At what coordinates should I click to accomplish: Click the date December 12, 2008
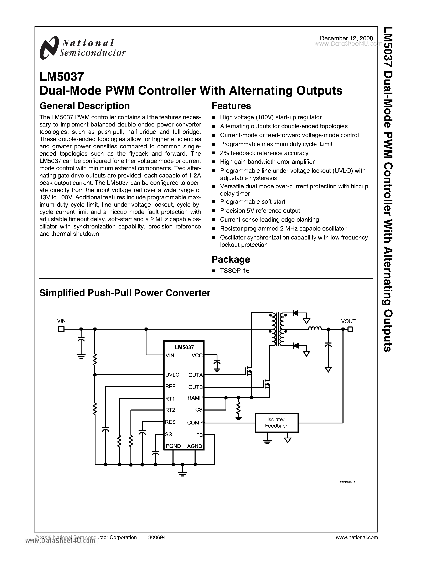point(346,38)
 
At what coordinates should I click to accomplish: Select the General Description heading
point(84,106)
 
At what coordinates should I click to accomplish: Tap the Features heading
point(231,106)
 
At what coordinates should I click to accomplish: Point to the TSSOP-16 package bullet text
point(234,271)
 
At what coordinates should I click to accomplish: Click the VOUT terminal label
point(348,321)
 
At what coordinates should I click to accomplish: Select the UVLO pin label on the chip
point(172,375)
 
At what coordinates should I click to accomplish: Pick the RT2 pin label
point(170,410)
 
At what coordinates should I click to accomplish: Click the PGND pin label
point(173,446)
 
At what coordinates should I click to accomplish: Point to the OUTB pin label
point(195,387)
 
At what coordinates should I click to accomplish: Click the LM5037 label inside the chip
point(184,347)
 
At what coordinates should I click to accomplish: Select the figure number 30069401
point(347,482)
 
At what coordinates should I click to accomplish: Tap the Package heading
point(231,259)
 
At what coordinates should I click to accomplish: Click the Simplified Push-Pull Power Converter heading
point(125,293)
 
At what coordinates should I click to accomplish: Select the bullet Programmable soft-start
point(252,202)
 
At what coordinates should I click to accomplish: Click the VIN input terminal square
point(61,329)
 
